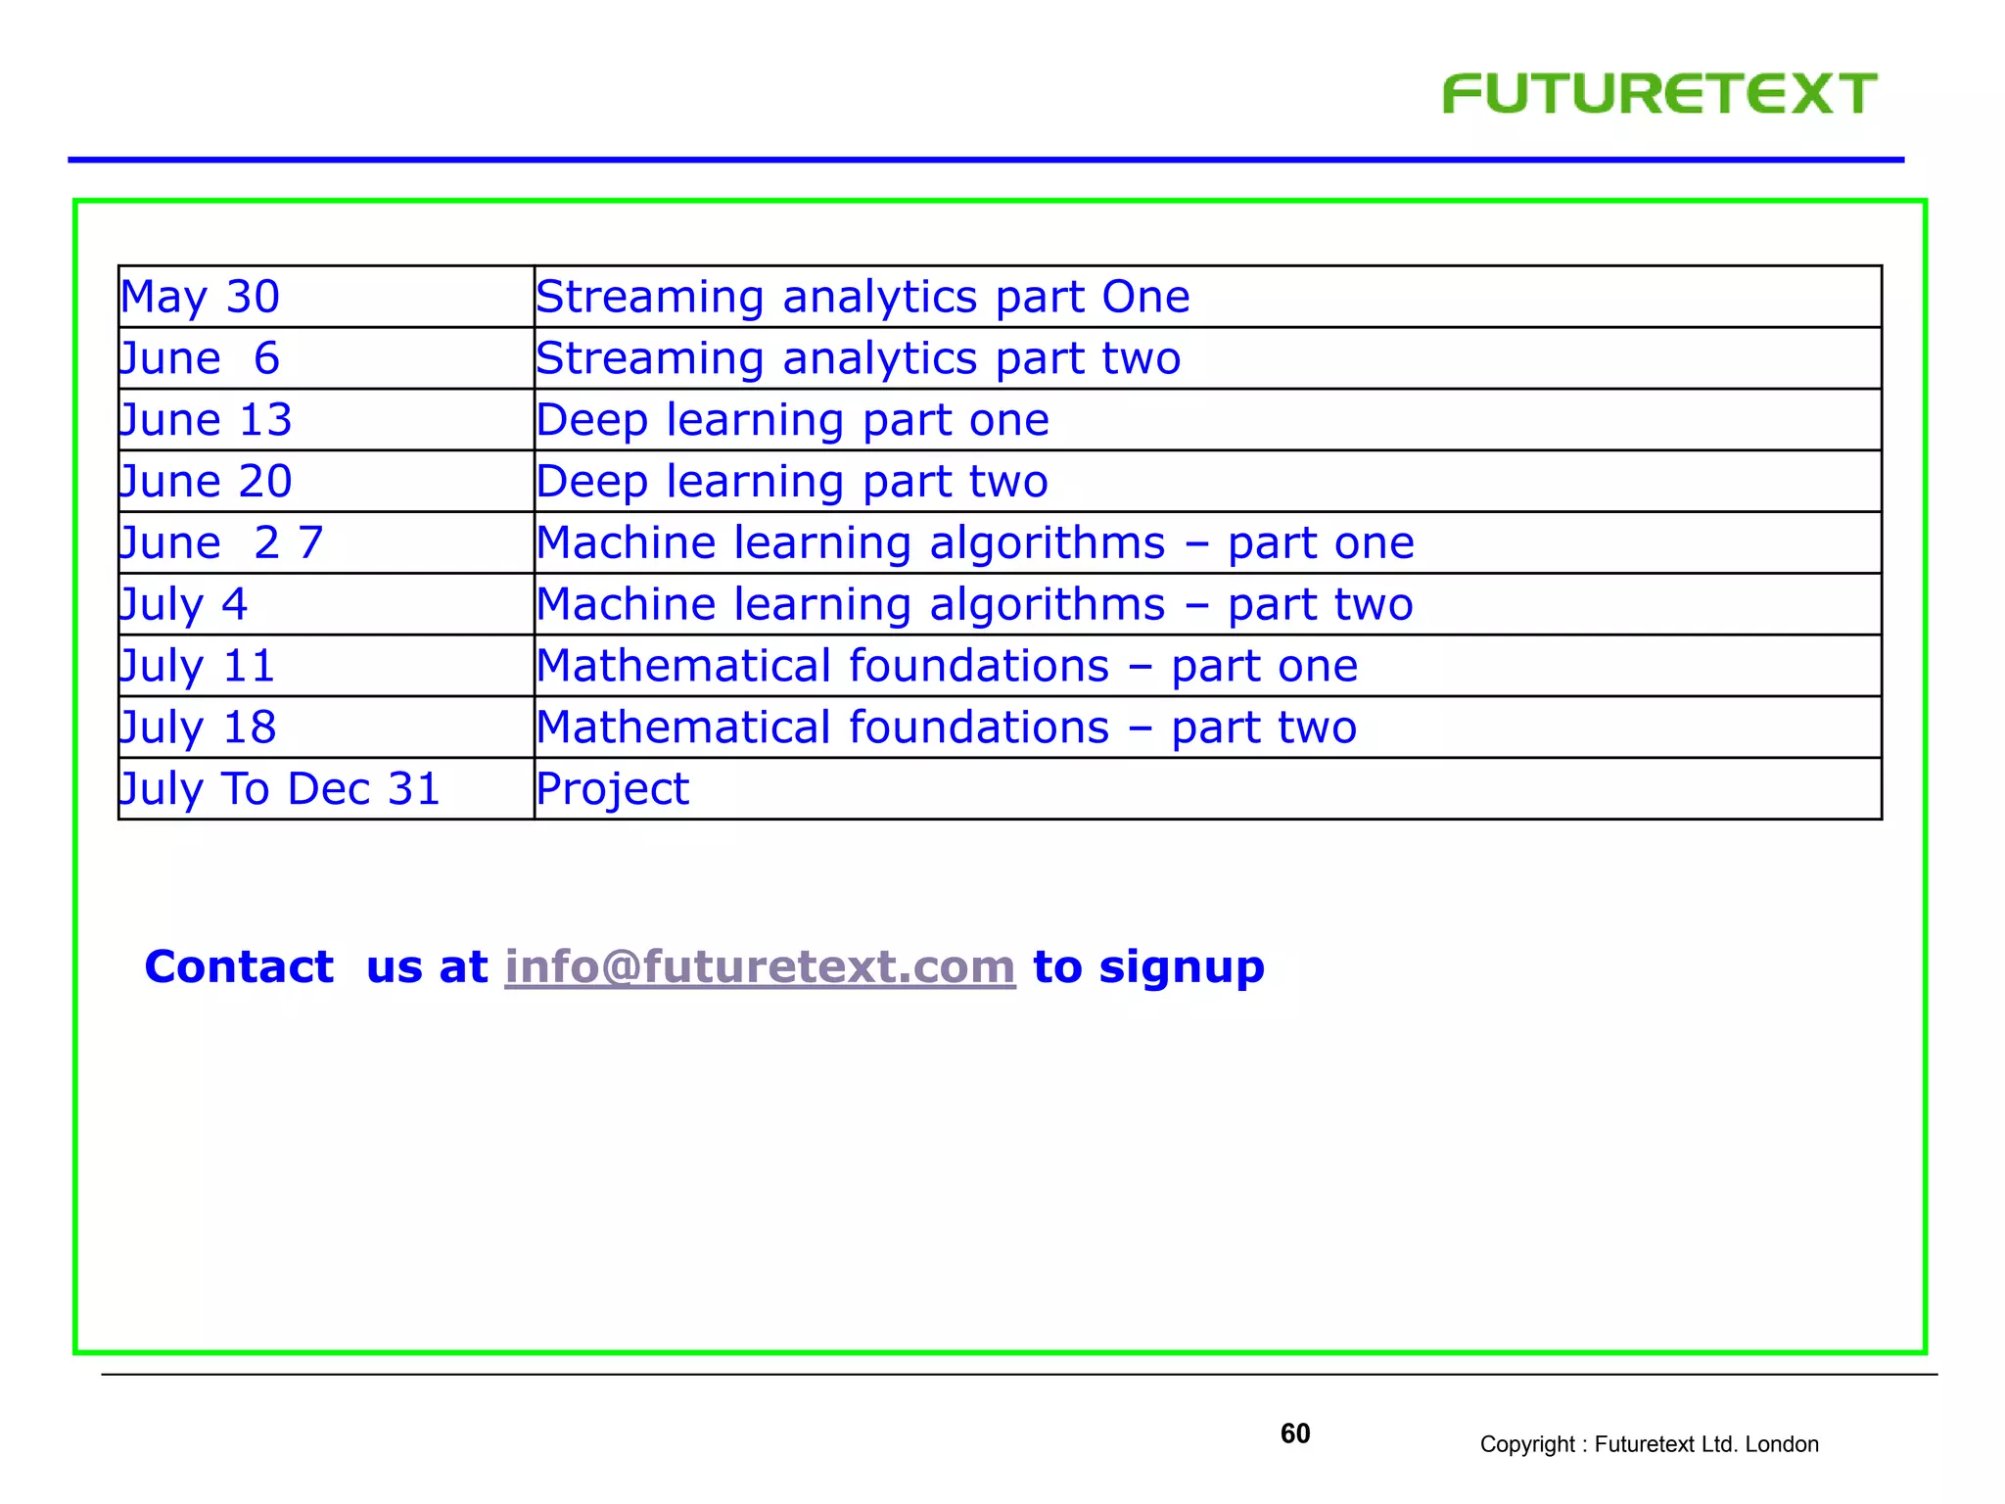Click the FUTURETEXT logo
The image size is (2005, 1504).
(x=1659, y=94)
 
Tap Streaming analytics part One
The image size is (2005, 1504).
(x=863, y=297)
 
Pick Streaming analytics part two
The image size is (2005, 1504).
(x=859, y=358)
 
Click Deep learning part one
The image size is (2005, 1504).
(x=793, y=420)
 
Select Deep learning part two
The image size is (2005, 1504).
(x=792, y=482)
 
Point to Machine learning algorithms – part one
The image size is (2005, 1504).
(x=975, y=543)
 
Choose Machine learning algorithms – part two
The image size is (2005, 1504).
(x=975, y=604)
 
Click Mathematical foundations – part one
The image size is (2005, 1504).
(x=947, y=666)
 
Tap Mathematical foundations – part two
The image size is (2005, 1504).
(x=947, y=728)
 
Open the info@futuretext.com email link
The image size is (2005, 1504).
(x=760, y=967)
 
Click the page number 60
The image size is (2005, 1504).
(x=1295, y=1433)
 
